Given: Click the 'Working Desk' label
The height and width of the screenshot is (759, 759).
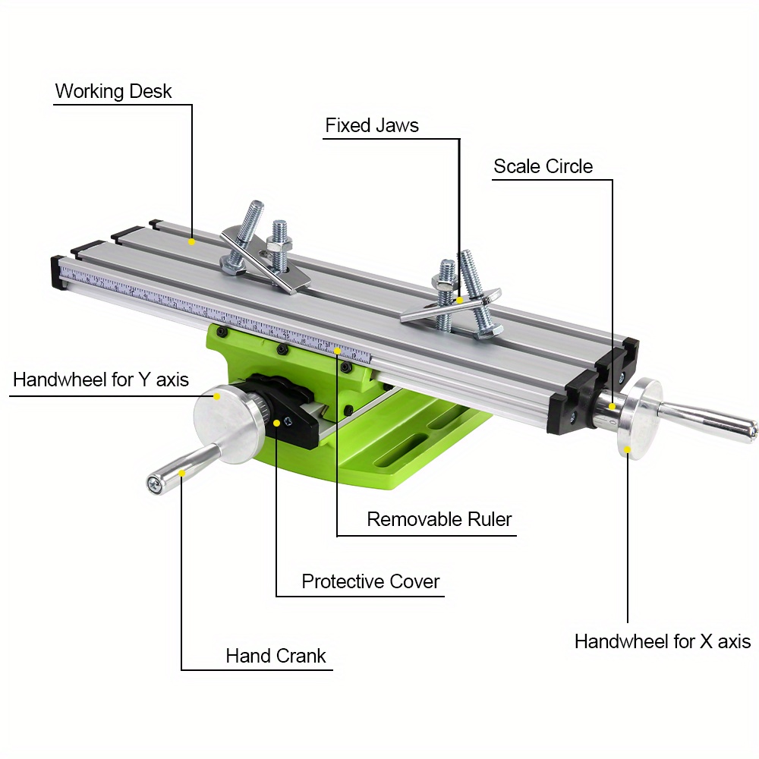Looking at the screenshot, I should (x=113, y=92).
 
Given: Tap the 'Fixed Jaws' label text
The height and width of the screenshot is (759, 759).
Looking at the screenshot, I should (x=372, y=125).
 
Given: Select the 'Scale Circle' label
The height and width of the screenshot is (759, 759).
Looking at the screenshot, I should (x=543, y=166).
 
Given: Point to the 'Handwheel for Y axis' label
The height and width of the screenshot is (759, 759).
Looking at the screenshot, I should (x=101, y=379).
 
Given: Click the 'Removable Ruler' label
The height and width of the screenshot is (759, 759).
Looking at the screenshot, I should (x=439, y=519).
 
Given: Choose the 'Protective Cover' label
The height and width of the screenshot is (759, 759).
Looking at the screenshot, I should (x=370, y=581).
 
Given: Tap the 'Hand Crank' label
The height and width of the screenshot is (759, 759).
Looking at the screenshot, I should (x=276, y=656).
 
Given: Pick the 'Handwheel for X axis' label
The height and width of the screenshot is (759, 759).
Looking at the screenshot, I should (x=662, y=641).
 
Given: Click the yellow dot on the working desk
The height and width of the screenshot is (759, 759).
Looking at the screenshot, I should (x=191, y=242).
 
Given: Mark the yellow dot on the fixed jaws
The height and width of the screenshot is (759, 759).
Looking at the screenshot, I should (x=459, y=300).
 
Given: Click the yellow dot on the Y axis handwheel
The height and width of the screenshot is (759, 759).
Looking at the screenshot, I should (x=216, y=395).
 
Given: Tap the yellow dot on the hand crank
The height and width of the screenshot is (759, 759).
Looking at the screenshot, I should (x=182, y=472).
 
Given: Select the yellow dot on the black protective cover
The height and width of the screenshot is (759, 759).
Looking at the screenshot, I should (x=276, y=423).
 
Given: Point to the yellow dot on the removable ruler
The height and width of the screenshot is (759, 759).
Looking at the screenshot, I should (x=337, y=351).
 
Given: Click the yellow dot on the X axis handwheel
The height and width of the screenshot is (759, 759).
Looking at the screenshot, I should (x=628, y=449).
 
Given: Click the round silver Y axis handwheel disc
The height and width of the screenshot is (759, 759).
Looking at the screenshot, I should (x=228, y=425).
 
